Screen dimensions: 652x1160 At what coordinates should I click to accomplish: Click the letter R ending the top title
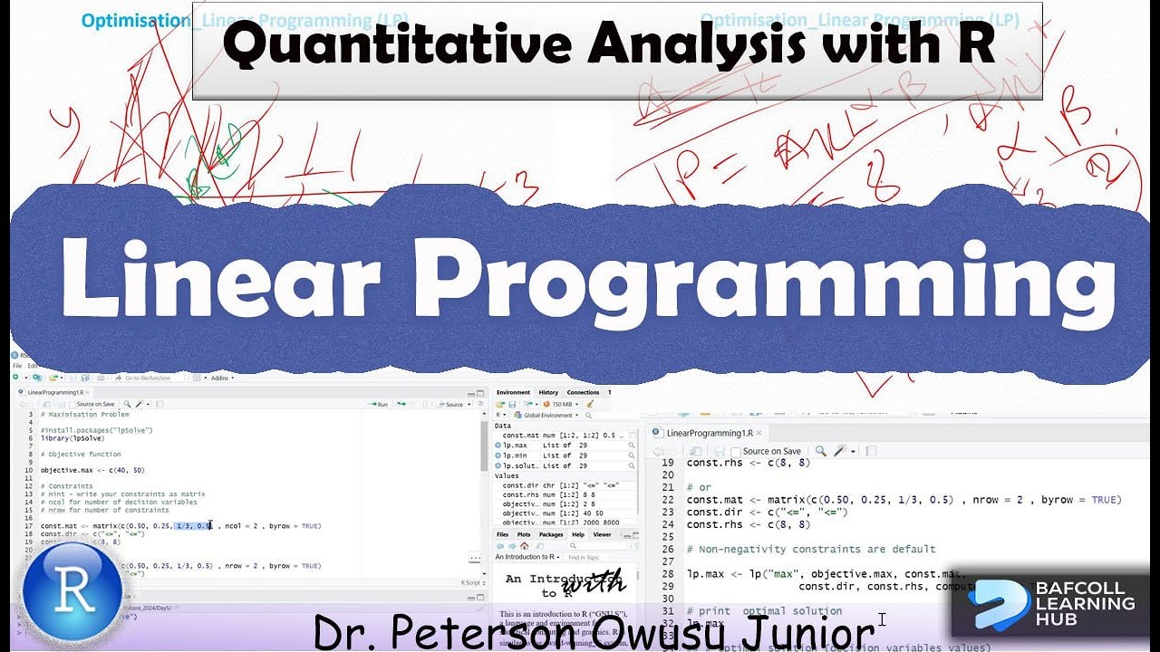[x=973, y=45]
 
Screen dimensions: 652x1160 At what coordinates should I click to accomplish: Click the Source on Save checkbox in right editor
[x=736, y=451]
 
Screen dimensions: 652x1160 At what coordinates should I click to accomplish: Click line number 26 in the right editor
[x=667, y=549]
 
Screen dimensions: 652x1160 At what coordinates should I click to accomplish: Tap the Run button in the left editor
[x=378, y=404]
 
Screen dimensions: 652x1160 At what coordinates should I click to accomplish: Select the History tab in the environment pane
[x=548, y=392]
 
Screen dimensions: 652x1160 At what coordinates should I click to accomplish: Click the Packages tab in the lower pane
[x=550, y=534]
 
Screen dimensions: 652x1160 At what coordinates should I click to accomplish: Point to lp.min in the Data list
[x=515, y=455]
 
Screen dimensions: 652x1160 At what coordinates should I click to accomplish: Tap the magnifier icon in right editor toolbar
[x=819, y=451]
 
